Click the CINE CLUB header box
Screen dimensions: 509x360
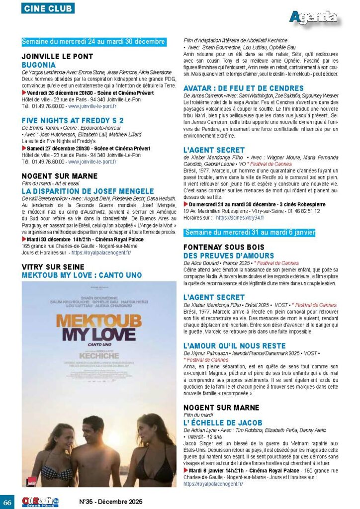[x=48, y=8]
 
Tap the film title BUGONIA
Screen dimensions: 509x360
[x=39, y=65]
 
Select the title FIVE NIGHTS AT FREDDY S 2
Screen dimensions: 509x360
[x=73, y=120]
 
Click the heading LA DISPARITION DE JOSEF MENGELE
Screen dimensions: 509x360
[x=88, y=191]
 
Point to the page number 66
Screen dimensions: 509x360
[x=7, y=501]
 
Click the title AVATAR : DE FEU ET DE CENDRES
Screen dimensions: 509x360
[x=244, y=88]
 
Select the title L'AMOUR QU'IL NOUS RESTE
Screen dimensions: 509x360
[x=235, y=345]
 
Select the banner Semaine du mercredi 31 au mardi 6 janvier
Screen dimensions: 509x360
[x=250, y=233]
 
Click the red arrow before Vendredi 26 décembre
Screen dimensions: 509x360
[x=24, y=92]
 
